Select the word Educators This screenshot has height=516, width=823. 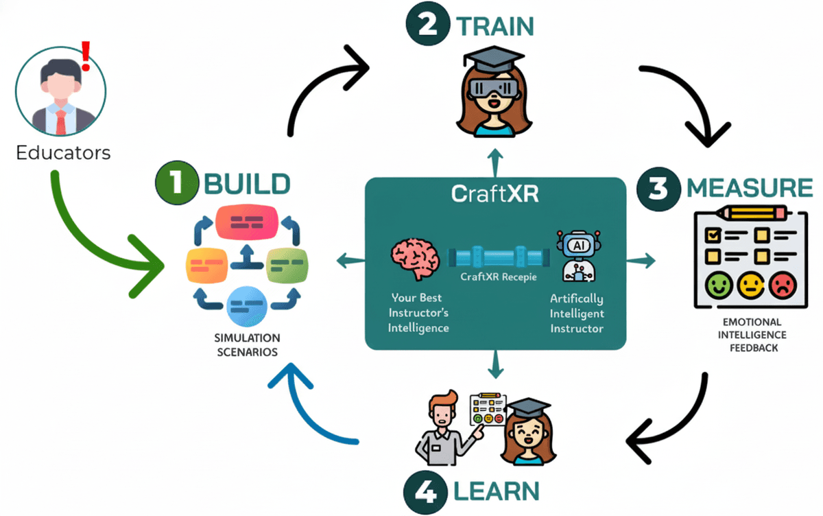click(63, 152)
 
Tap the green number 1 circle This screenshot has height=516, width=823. click(176, 184)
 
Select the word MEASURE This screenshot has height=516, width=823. click(750, 188)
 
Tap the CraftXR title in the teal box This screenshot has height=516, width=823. click(495, 194)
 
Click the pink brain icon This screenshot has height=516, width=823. click(414, 258)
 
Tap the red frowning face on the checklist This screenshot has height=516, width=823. click(782, 285)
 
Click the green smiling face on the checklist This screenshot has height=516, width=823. click(717, 285)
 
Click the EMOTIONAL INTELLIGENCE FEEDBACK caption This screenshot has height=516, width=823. click(750, 334)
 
